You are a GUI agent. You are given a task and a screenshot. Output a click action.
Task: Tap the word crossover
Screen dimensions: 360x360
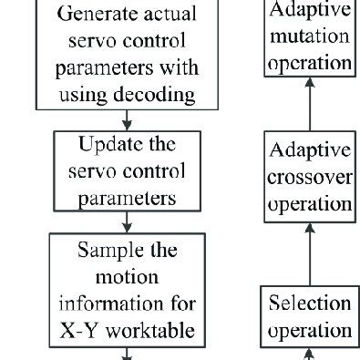(310, 178)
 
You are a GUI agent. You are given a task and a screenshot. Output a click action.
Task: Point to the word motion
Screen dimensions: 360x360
(128, 277)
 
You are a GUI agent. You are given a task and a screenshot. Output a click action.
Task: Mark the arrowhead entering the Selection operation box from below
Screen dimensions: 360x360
(309, 354)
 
